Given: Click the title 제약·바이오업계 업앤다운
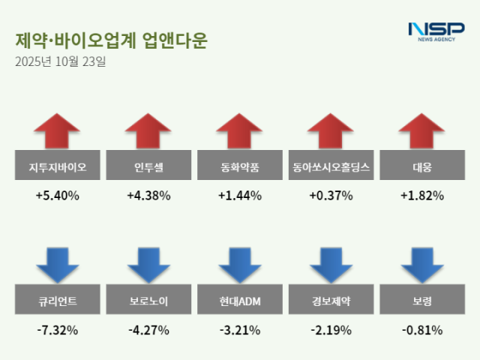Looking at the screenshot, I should pos(111,40).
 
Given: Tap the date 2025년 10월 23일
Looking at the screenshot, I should pos(61,61).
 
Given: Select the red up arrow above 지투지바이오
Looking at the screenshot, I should pos(57,131).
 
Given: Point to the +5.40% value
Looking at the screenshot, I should pos(57,196).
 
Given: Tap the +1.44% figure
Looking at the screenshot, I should pos(240,196).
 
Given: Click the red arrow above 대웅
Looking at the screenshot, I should pos(423,131).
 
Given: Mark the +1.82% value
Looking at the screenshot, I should pos(423,196).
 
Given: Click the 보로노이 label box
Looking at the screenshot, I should pos(148,303).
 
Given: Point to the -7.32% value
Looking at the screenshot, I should pos(57,330).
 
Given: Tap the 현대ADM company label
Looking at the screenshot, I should pos(240,303).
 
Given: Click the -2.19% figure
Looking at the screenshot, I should pos(331,330).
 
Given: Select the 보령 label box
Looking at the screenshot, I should pos(423,303).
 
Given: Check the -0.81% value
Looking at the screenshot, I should pos(423,330).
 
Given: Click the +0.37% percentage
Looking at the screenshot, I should pos(331,196).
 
